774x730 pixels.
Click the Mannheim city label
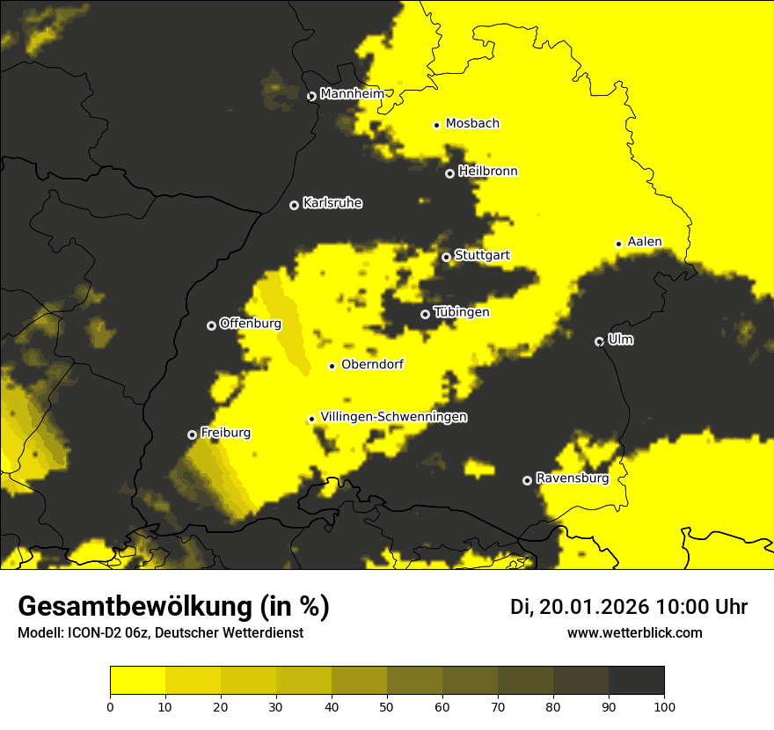(x=352, y=94)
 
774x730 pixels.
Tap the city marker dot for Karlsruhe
(x=294, y=205)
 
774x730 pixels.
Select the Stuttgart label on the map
(x=482, y=256)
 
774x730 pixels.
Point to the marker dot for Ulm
(x=599, y=341)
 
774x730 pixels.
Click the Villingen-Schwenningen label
(x=393, y=417)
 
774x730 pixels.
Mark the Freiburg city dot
(x=192, y=434)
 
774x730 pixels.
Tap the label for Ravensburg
(x=572, y=478)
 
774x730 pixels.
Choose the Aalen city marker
(x=618, y=244)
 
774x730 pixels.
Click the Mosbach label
(x=472, y=124)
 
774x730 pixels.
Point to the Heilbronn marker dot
(x=449, y=173)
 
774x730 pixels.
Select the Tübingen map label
(x=462, y=312)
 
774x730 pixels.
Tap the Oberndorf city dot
(x=332, y=366)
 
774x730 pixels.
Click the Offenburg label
(x=251, y=324)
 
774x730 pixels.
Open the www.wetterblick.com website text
(x=635, y=632)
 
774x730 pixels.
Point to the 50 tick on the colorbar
(x=387, y=705)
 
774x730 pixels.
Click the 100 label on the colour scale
(x=664, y=705)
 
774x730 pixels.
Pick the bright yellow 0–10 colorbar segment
(x=138, y=680)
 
